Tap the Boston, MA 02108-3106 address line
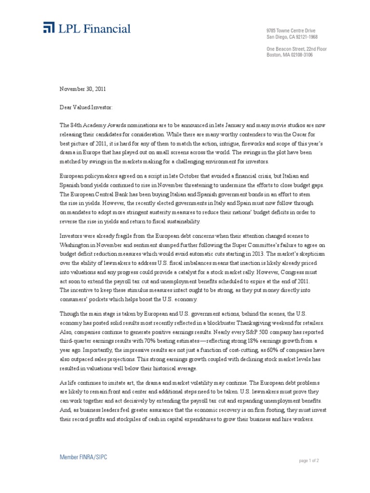[x=290, y=55]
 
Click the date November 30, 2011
[x=82, y=89]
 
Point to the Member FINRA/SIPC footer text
[x=83, y=457]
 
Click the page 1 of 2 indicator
[x=309, y=461]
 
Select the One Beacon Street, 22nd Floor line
[x=296, y=49]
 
